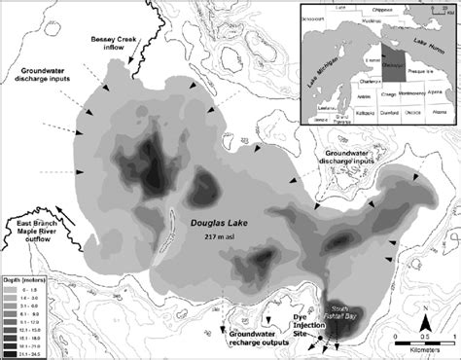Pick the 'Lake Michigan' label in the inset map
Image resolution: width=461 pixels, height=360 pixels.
(x=314, y=78)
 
